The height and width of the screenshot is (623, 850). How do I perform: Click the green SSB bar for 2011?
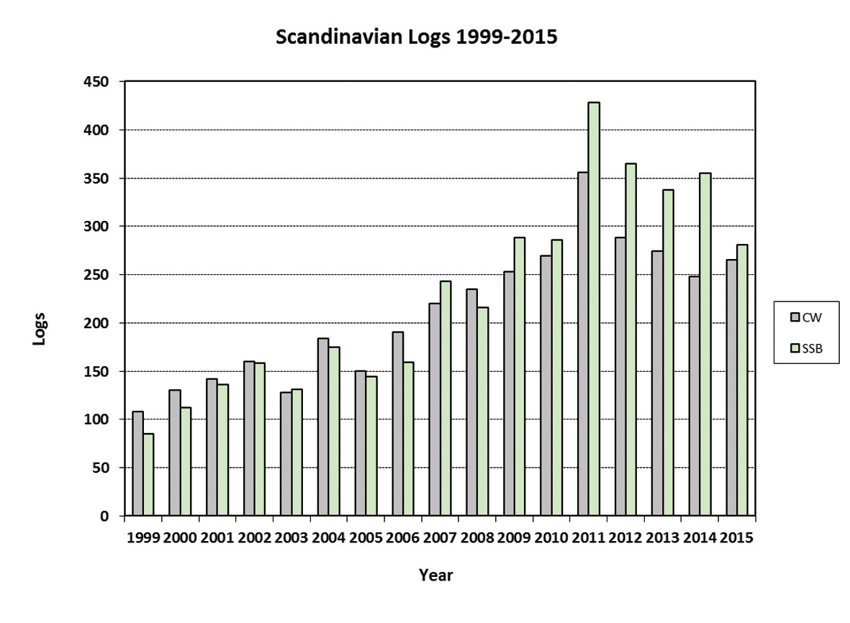(x=594, y=309)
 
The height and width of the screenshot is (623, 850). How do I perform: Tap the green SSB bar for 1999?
(x=149, y=475)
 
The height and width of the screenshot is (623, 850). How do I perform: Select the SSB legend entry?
(x=805, y=347)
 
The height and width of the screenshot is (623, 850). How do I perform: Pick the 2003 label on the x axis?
(x=291, y=538)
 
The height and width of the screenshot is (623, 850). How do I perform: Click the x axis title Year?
(x=435, y=576)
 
